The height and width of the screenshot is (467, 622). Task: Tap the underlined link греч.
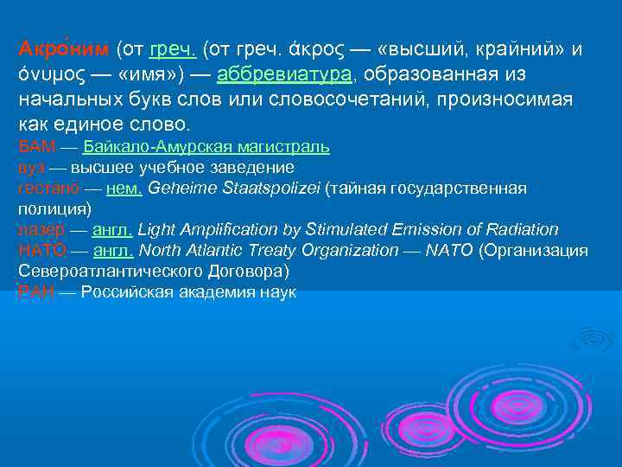pyautogui.click(x=173, y=49)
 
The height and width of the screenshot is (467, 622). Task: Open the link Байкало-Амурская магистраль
pyautogui.click(x=206, y=146)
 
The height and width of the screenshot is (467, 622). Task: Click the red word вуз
pyautogui.click(x=31, y=167)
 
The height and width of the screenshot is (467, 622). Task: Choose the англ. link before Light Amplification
pyautogui.click(x=112, y=230)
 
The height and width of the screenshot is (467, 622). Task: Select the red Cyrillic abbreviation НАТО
pyautogui.click(x=41, y=251)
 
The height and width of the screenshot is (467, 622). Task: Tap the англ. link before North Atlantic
pyautogui.click(x=112, y=251)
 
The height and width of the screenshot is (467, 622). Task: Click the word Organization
pyautogui.click(x=346, y=251)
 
